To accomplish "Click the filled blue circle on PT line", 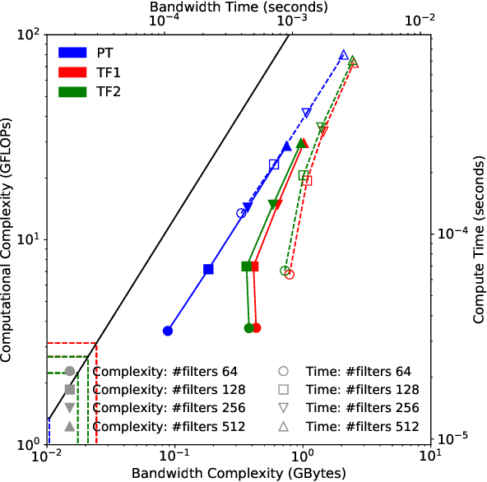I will [168, 331].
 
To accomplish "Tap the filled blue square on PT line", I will [209, 269].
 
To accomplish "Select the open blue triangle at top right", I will [344, 55].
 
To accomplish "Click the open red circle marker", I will [290, 275].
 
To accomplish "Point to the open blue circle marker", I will [241, 213].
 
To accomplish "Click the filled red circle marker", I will [257, 327].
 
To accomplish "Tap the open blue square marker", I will [274, 165].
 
